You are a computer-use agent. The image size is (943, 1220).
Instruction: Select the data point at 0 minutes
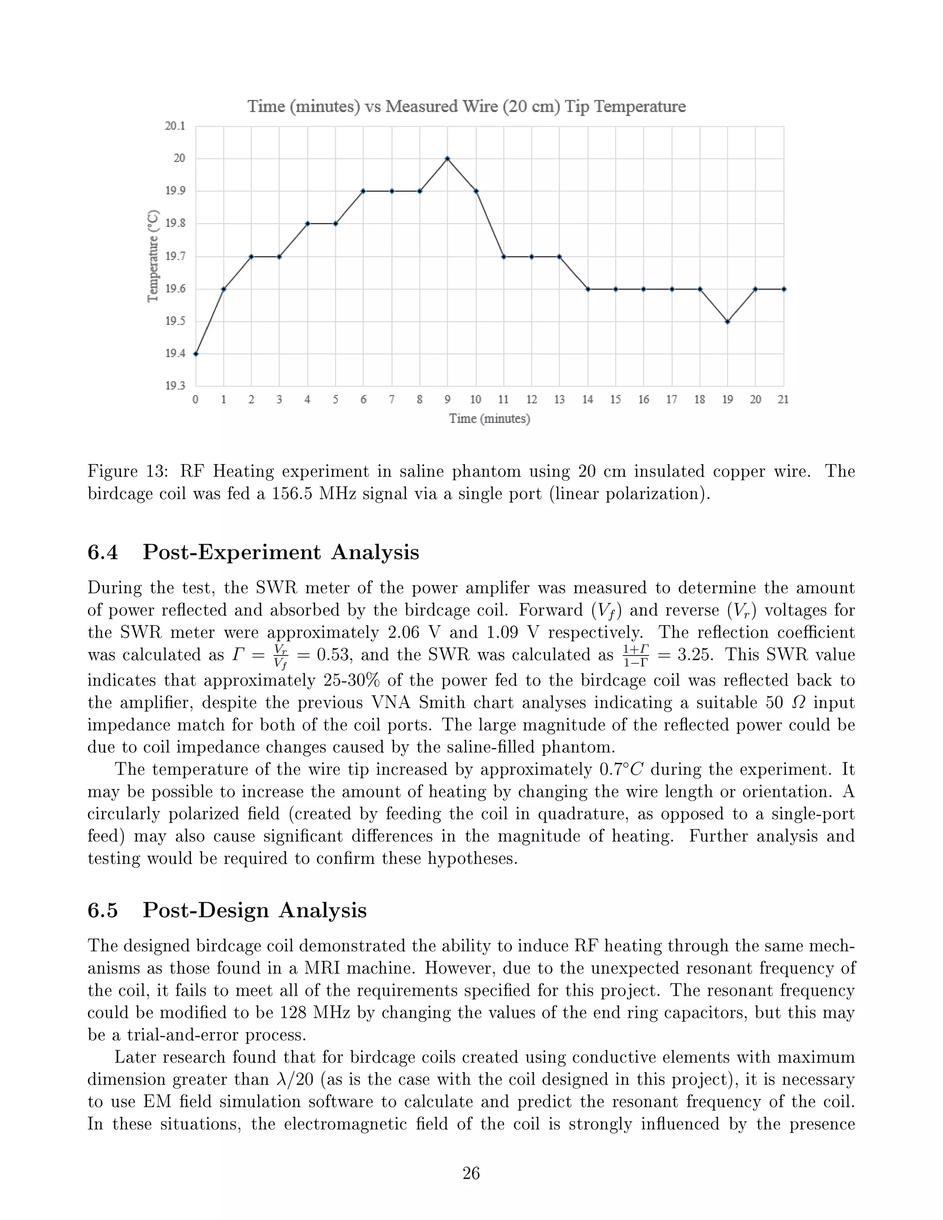tap(196, 354)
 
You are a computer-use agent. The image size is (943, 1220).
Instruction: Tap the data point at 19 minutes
tap(728, 321)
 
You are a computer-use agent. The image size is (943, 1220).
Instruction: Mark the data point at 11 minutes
tap(503, 256)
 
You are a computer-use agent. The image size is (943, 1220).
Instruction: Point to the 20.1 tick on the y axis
tap(175, 126)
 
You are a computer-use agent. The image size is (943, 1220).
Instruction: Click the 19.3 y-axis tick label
tap(175, 385)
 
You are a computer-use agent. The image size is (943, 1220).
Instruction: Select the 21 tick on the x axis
tap(783, 400)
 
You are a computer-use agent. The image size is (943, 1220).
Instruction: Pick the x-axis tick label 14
tap(587, 400)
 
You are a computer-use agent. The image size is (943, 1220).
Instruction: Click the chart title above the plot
tap(466, 106)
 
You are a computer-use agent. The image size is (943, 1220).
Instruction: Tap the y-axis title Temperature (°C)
tap(153, 256)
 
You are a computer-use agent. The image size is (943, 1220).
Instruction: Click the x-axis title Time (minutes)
tap(489, 418)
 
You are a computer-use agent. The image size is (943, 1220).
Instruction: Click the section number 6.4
tap(103, 552)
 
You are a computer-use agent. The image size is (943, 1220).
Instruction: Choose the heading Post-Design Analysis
tap(254, 911)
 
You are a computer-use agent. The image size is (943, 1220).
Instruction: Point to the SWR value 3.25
tap(695, 655)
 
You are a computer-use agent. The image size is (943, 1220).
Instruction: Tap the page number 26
tap(471, 1173)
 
